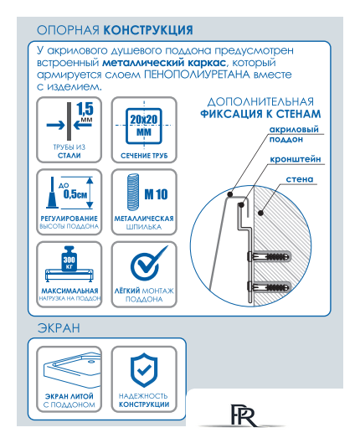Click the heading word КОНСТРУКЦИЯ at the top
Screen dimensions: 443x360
pyautogui.click(x=149, y=30)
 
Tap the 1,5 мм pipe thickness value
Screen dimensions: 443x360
pyautogui.click(x=85, y=112)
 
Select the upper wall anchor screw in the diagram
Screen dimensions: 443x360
pyautogui.click(x=267, y=255)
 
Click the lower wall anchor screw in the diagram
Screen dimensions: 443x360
pyautogui.click(x=267, y=285)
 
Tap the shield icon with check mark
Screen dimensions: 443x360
pyautogui.click(x=141, y=368)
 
